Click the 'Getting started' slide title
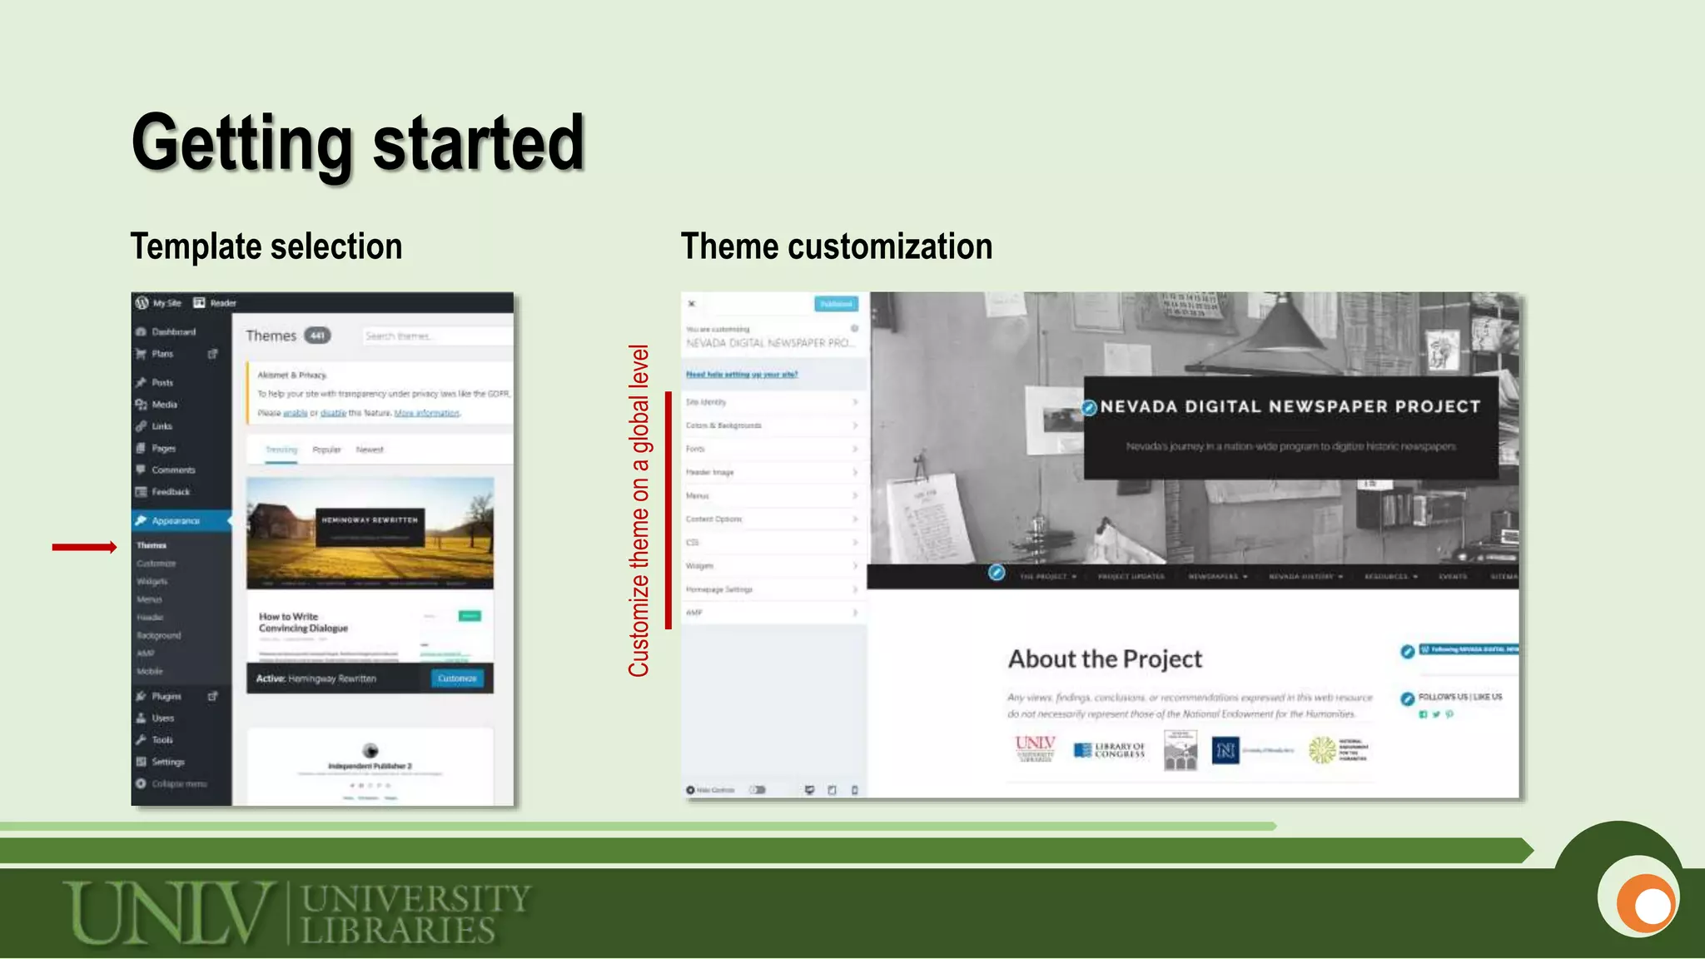click(358, 143)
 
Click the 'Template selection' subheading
click(266, 246)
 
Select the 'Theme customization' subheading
click(837, 246)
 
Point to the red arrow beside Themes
click(84, 547)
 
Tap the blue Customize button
click(457, 678)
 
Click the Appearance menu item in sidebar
click(176, 520)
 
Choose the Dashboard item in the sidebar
click(173, 331)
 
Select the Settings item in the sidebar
click(167, 762)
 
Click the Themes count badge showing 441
click(317, 335)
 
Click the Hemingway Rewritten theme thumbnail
click(370, 533)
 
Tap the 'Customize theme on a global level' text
click(639, 510)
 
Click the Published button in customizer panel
click(836, 304)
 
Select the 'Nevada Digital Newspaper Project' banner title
click(1290, 407)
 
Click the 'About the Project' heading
click(1105, 659)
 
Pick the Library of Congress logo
click(1110, 750)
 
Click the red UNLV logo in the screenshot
click(1035, 748)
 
